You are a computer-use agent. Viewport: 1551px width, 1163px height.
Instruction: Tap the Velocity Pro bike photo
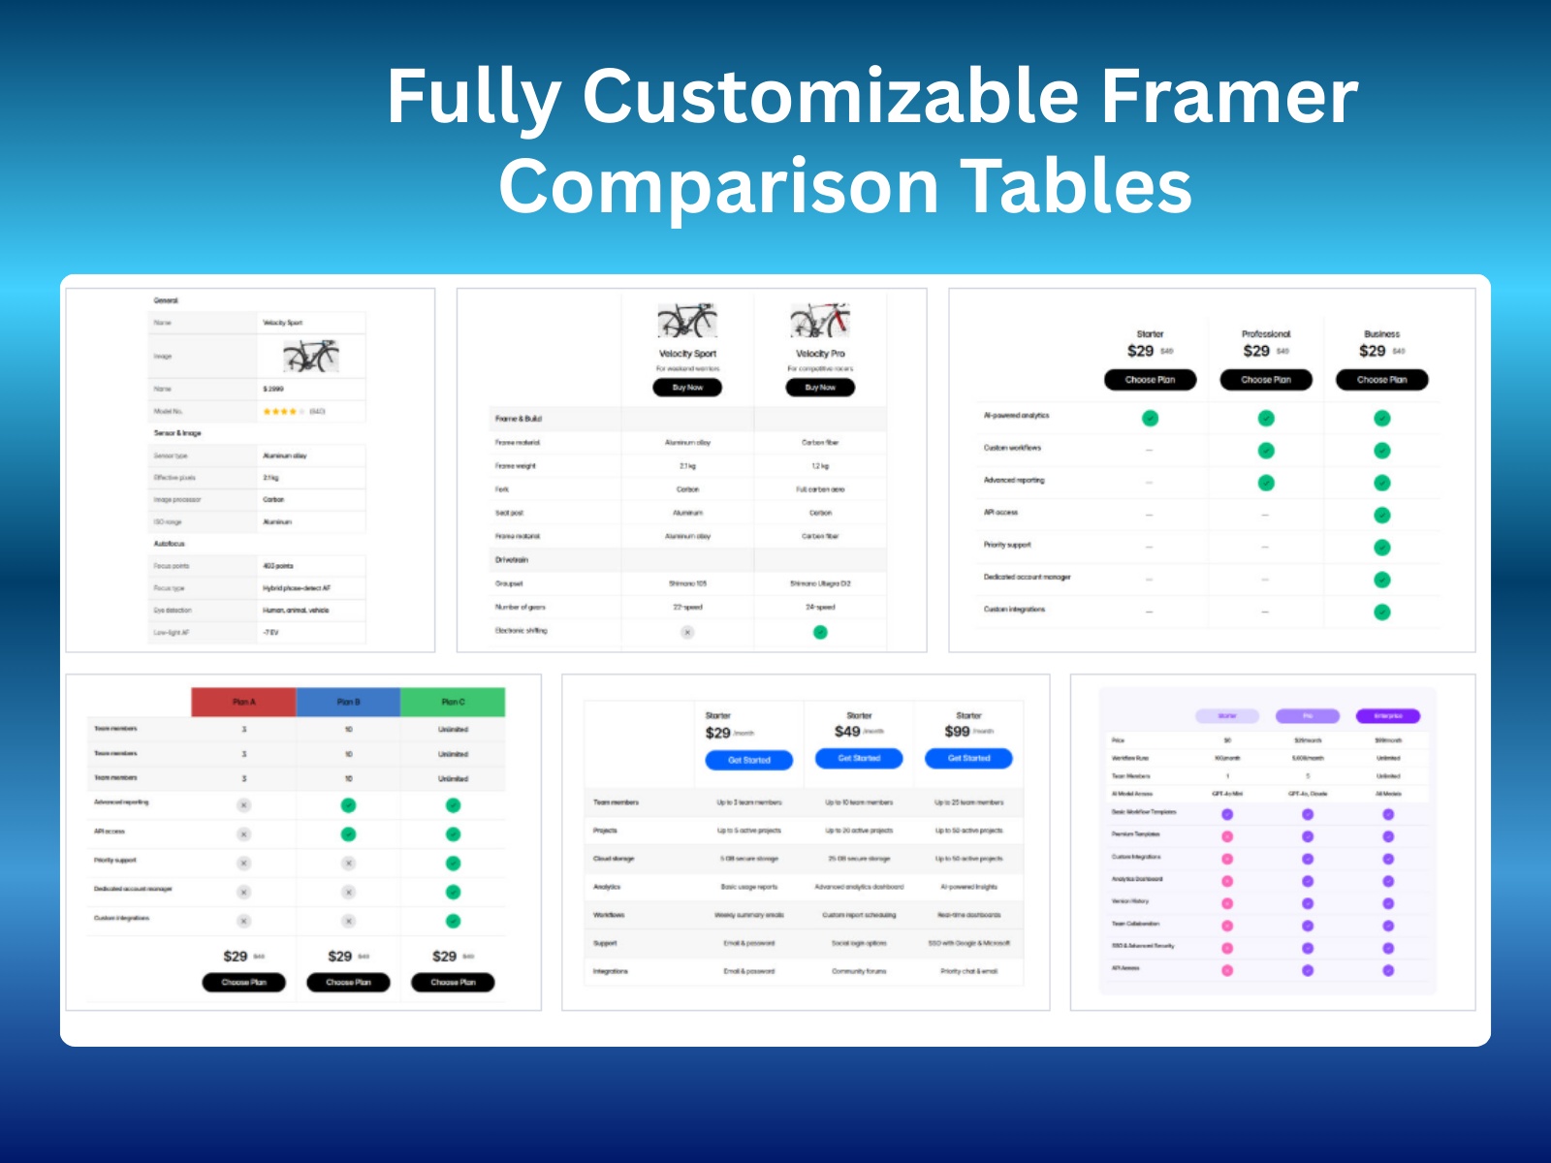pyautogui.click(x=820, y=320)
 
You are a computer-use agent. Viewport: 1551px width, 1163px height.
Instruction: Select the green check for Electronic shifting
pyautogui.click(x=820, y=632)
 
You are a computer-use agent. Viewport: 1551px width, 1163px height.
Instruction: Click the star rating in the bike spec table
pyautogui.click(x=280, y=412)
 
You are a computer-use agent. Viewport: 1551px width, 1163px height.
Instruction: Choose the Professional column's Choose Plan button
pyautogui.click(x=1266, y=380)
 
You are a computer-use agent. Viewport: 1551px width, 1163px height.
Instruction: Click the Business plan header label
pyautogui.click(x=1381, y=333)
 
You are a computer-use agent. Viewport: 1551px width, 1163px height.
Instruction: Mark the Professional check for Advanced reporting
pyautogui.click(x=1266, y=483)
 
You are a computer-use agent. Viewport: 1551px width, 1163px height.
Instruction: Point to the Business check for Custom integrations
pyautogui.click(x=1381, y=612)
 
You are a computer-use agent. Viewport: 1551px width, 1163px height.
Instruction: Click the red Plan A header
pyautogui.click(x=243, y=702)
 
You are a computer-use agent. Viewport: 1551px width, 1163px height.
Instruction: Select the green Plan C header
pyautogui.click(x=453, y=702)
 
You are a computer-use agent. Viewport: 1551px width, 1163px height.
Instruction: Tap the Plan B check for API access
pyautogui.click(x=348, y=833)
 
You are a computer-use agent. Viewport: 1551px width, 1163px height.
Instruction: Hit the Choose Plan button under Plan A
pyautogui.click(x=243, y=982)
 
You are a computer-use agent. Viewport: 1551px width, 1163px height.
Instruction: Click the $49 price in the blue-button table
pyautogui.click(x=847, y=732)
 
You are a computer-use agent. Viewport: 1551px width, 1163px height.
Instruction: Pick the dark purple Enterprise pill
pyautogui.click(x=1388, y=716)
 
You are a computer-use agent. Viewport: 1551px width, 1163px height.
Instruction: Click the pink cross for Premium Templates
pyautogui.click(x=1227, y=836)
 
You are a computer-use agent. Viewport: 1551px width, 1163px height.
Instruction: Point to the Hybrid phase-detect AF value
pyautogui.click(x=297, y=588)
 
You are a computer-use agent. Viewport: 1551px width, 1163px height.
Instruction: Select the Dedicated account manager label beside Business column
pyautogui.click(x=1028, y=577)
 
